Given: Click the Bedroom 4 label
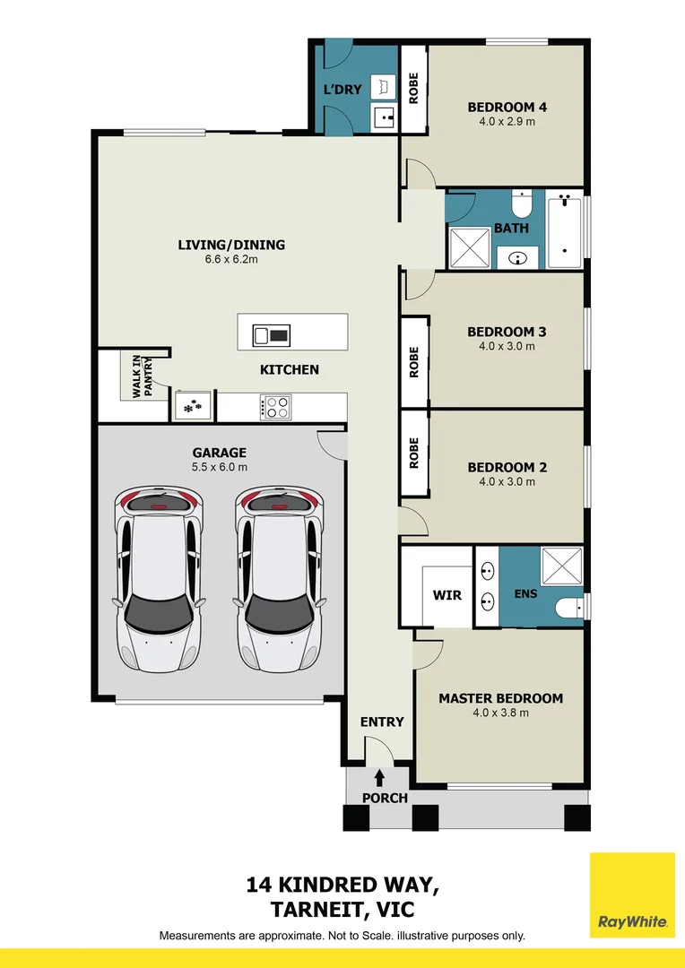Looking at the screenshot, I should [507, 108].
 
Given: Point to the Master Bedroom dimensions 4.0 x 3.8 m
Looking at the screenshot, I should [500, 713].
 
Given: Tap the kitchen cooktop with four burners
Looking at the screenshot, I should [276, 408].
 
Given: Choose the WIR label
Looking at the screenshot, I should [447, 595].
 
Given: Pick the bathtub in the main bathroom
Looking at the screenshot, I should [565, 230].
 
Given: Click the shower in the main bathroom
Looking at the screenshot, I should [469, 246].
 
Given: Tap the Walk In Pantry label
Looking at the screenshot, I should [141, 376].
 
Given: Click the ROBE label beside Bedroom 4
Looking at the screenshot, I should [413, 89].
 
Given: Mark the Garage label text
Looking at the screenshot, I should [219, 453].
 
